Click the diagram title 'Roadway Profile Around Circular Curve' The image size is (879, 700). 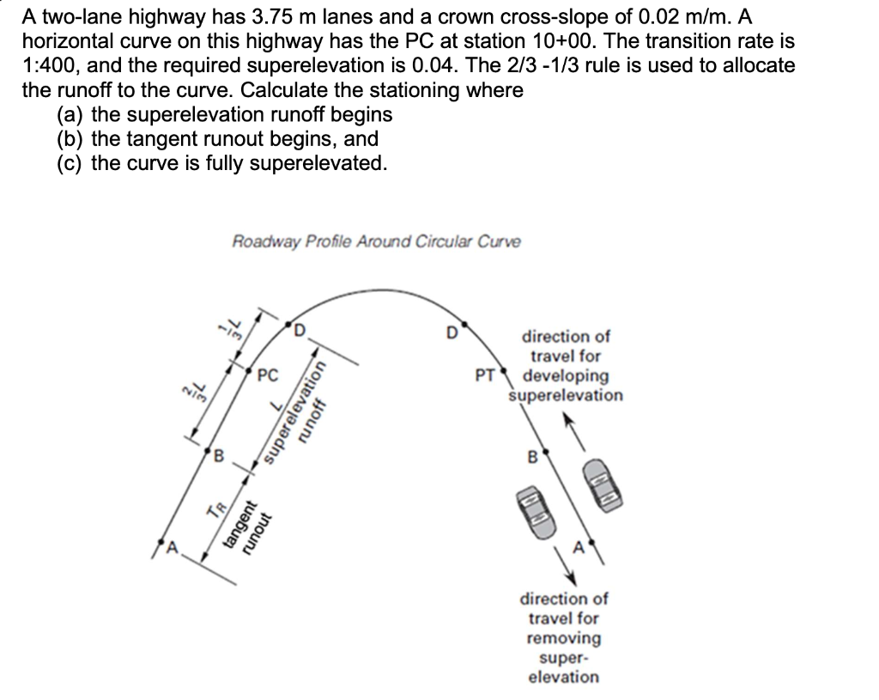click(376, 241)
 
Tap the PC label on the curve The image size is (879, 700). click(269, 374)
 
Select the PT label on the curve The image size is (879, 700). click(484, 374)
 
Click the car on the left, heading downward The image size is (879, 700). click(531, 513)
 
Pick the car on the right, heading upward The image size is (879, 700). click(603, 487)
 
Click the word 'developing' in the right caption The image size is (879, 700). click(566, 376)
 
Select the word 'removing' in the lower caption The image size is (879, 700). click(563, 638)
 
